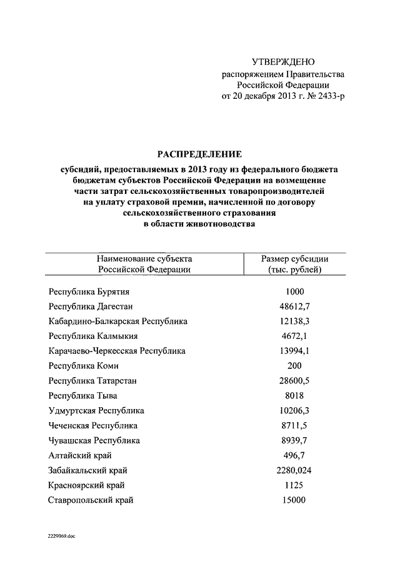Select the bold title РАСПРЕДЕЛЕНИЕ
pos(197,154)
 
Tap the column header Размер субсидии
pos(294,258)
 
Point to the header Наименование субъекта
pos(144,258)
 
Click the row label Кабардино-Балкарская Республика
pos(117,321)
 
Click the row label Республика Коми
pos(83,366)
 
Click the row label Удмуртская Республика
pos(96,411)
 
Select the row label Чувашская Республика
pos(94,440)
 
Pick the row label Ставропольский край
pos(91,500)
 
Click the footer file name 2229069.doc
pos(60,537)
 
